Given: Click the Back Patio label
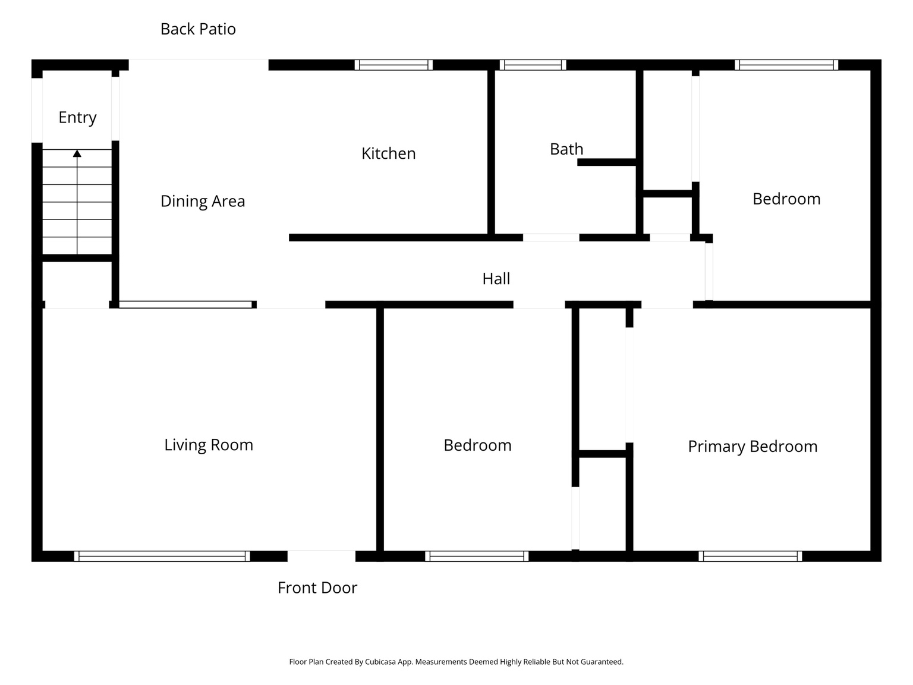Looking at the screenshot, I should (198, 29).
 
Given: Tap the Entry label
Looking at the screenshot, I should (77, 118).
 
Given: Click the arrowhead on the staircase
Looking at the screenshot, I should (77, 153).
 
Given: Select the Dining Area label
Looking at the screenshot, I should (203, 202).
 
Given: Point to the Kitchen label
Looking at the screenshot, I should (388, 153).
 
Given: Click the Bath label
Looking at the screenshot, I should (566, 149).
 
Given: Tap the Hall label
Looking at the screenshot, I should (496, 279).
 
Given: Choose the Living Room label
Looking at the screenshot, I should (209, 445).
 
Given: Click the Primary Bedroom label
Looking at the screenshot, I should (753, 447).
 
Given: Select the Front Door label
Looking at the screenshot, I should (317, 588).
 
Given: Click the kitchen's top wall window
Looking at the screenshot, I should (393, 65).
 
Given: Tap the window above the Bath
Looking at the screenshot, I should (533, 65).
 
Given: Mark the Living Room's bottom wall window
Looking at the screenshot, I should (162, 557).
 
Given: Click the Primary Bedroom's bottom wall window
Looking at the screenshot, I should (750, 557).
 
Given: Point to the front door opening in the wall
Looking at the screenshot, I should (322, 556).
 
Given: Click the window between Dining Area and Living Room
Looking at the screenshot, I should (185, 304).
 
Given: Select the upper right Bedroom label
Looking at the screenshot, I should (786, 199).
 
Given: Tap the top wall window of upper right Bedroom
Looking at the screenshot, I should (786, 65).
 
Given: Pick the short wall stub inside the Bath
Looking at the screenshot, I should (607, 162).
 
